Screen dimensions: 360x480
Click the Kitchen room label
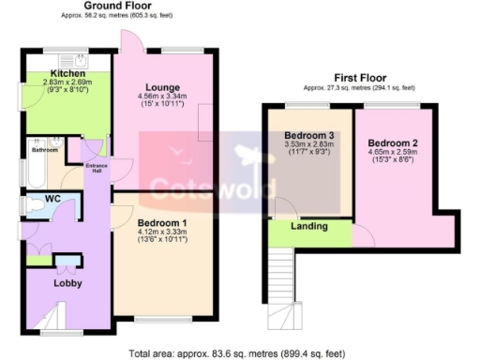pyautogui.click(x=68, y=72)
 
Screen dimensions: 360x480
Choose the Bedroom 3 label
pyautogui.click(x=309, y=136)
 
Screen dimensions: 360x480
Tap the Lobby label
pyautogui.click(x=67, y=282)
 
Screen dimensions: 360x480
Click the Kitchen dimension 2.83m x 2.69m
pyautogui.click(x=68, y=82)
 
